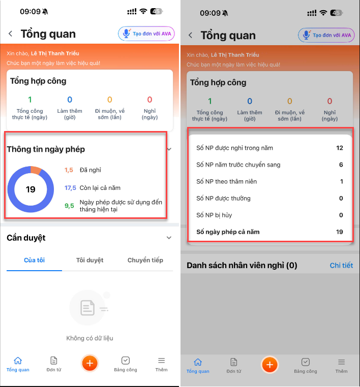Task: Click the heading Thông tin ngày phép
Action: pyautogui.click(x=46, y=149)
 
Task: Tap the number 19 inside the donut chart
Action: pyautogui.click(x=31, y=189)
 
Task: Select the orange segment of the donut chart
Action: pyautogui.click(x=36, y=170)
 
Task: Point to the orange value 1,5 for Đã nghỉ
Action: pyautogui.click(x=69, y=170)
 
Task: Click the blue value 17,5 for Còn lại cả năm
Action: pyautogui.click(x=70, y=188)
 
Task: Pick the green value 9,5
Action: pyautogui.click(x=69, y=206)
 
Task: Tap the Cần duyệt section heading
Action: pyautogui.click(x=26, y=238)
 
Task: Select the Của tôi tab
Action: pyautogui.click(x=35, y=260)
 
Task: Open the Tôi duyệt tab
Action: pyautogui.click(x=89, y=260)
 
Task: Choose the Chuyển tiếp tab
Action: pyautogui.click(x=145, y=260)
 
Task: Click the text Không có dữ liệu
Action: pyautogui.click(x=89, y=338)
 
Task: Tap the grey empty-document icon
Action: pyautogui.click(x=88, y=308)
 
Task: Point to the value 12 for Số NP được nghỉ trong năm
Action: pyautogui.click(x=340, y=148)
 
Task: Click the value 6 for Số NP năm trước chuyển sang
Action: pyautogui.click(x=341, y=165)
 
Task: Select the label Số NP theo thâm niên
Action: pyautogui.click(x=227, y=182)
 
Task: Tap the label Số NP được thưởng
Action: pyautogui.click(x=223, y=199)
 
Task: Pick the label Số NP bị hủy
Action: pyautogui.click(x=214, y=215)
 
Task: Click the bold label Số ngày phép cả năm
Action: pyautogui.click(x=228, y=232)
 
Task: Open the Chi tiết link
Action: pyautogui.click(x=341, y=265)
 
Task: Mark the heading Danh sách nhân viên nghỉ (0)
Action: pyautogui.click(x=242, y=265)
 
